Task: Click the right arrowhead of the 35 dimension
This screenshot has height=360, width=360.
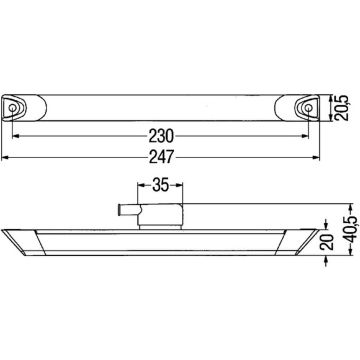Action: tap(186, 183)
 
